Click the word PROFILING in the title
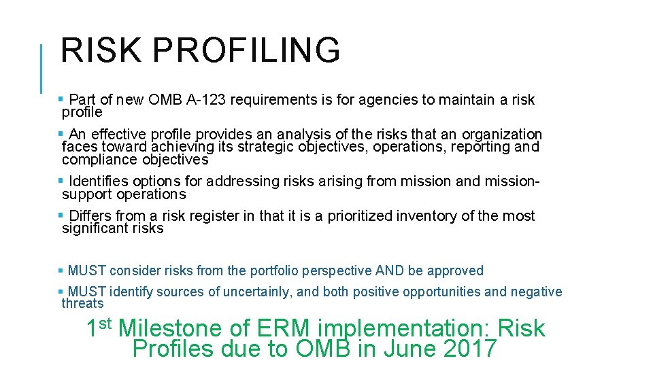tap(246, 50)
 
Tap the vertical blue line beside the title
tap(42, 68)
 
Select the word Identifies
tap(101, 181)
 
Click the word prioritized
tap(359, 216)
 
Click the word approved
tap(454, 270)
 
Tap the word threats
tap(82, 304)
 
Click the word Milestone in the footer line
tap(170, 329)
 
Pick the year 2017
tap(469, 349)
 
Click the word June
tap(410, 349)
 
